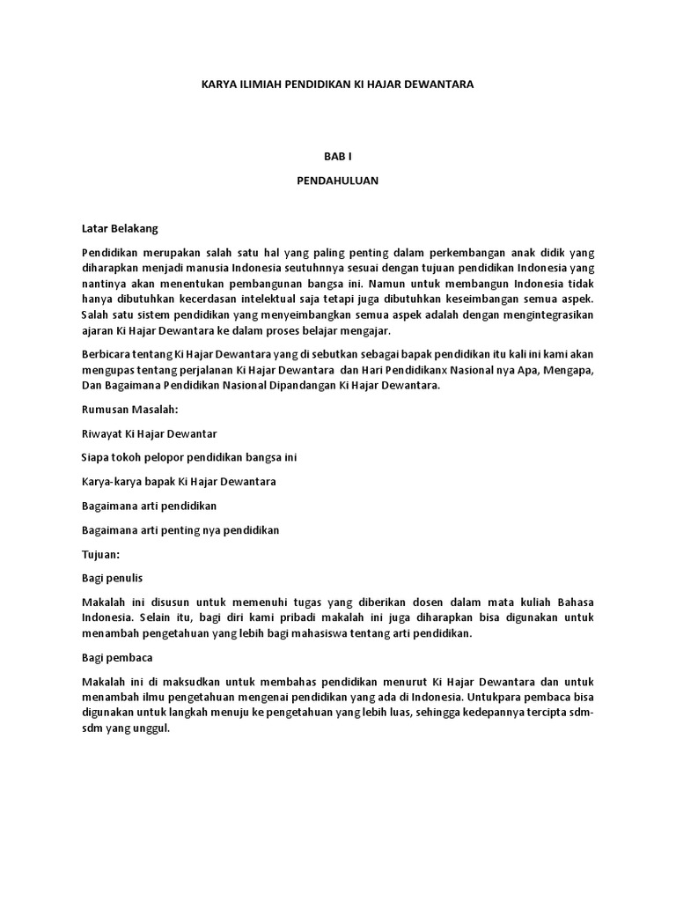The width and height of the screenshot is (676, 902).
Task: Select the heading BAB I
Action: tap(337, 155)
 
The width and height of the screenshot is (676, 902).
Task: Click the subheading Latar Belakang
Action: tap(119, 229)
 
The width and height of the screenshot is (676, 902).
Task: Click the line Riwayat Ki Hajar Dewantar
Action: tap(149, 434)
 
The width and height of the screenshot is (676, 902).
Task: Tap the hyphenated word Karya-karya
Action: tap(111, 482)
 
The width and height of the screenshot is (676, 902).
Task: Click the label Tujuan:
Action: tap(100, 554)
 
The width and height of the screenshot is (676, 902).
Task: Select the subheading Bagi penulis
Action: tap(112, 578)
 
